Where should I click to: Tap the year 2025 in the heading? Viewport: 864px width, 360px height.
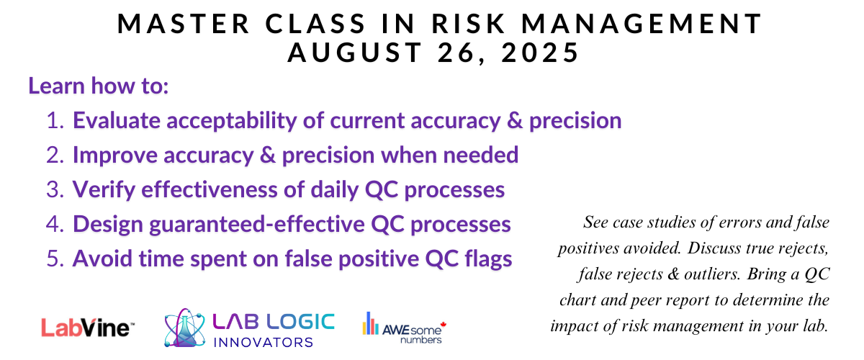click(540, 53)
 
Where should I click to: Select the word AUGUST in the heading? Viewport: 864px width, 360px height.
click(355, 53)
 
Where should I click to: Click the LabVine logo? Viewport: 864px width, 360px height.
click(88, 328)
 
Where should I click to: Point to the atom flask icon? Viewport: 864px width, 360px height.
click(184, 328)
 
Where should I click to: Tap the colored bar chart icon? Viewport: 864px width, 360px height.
click(370, 323)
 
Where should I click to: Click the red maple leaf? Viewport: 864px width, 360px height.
click(444, 325)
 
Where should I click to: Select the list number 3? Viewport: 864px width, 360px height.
click(55, 190)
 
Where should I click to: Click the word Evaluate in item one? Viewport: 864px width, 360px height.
click(117, 120)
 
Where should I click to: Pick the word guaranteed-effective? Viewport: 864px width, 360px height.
click(257, 225)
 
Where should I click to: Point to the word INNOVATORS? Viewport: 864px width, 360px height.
click(263, 342)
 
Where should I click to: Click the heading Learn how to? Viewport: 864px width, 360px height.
click(99, 86)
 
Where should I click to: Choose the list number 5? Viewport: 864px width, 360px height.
click(55, 259)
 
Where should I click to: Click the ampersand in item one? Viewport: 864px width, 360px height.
click(515, 120)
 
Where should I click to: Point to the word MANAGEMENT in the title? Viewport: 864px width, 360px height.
click(642, 24)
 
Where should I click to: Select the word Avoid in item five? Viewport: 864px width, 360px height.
click(102, 258)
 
